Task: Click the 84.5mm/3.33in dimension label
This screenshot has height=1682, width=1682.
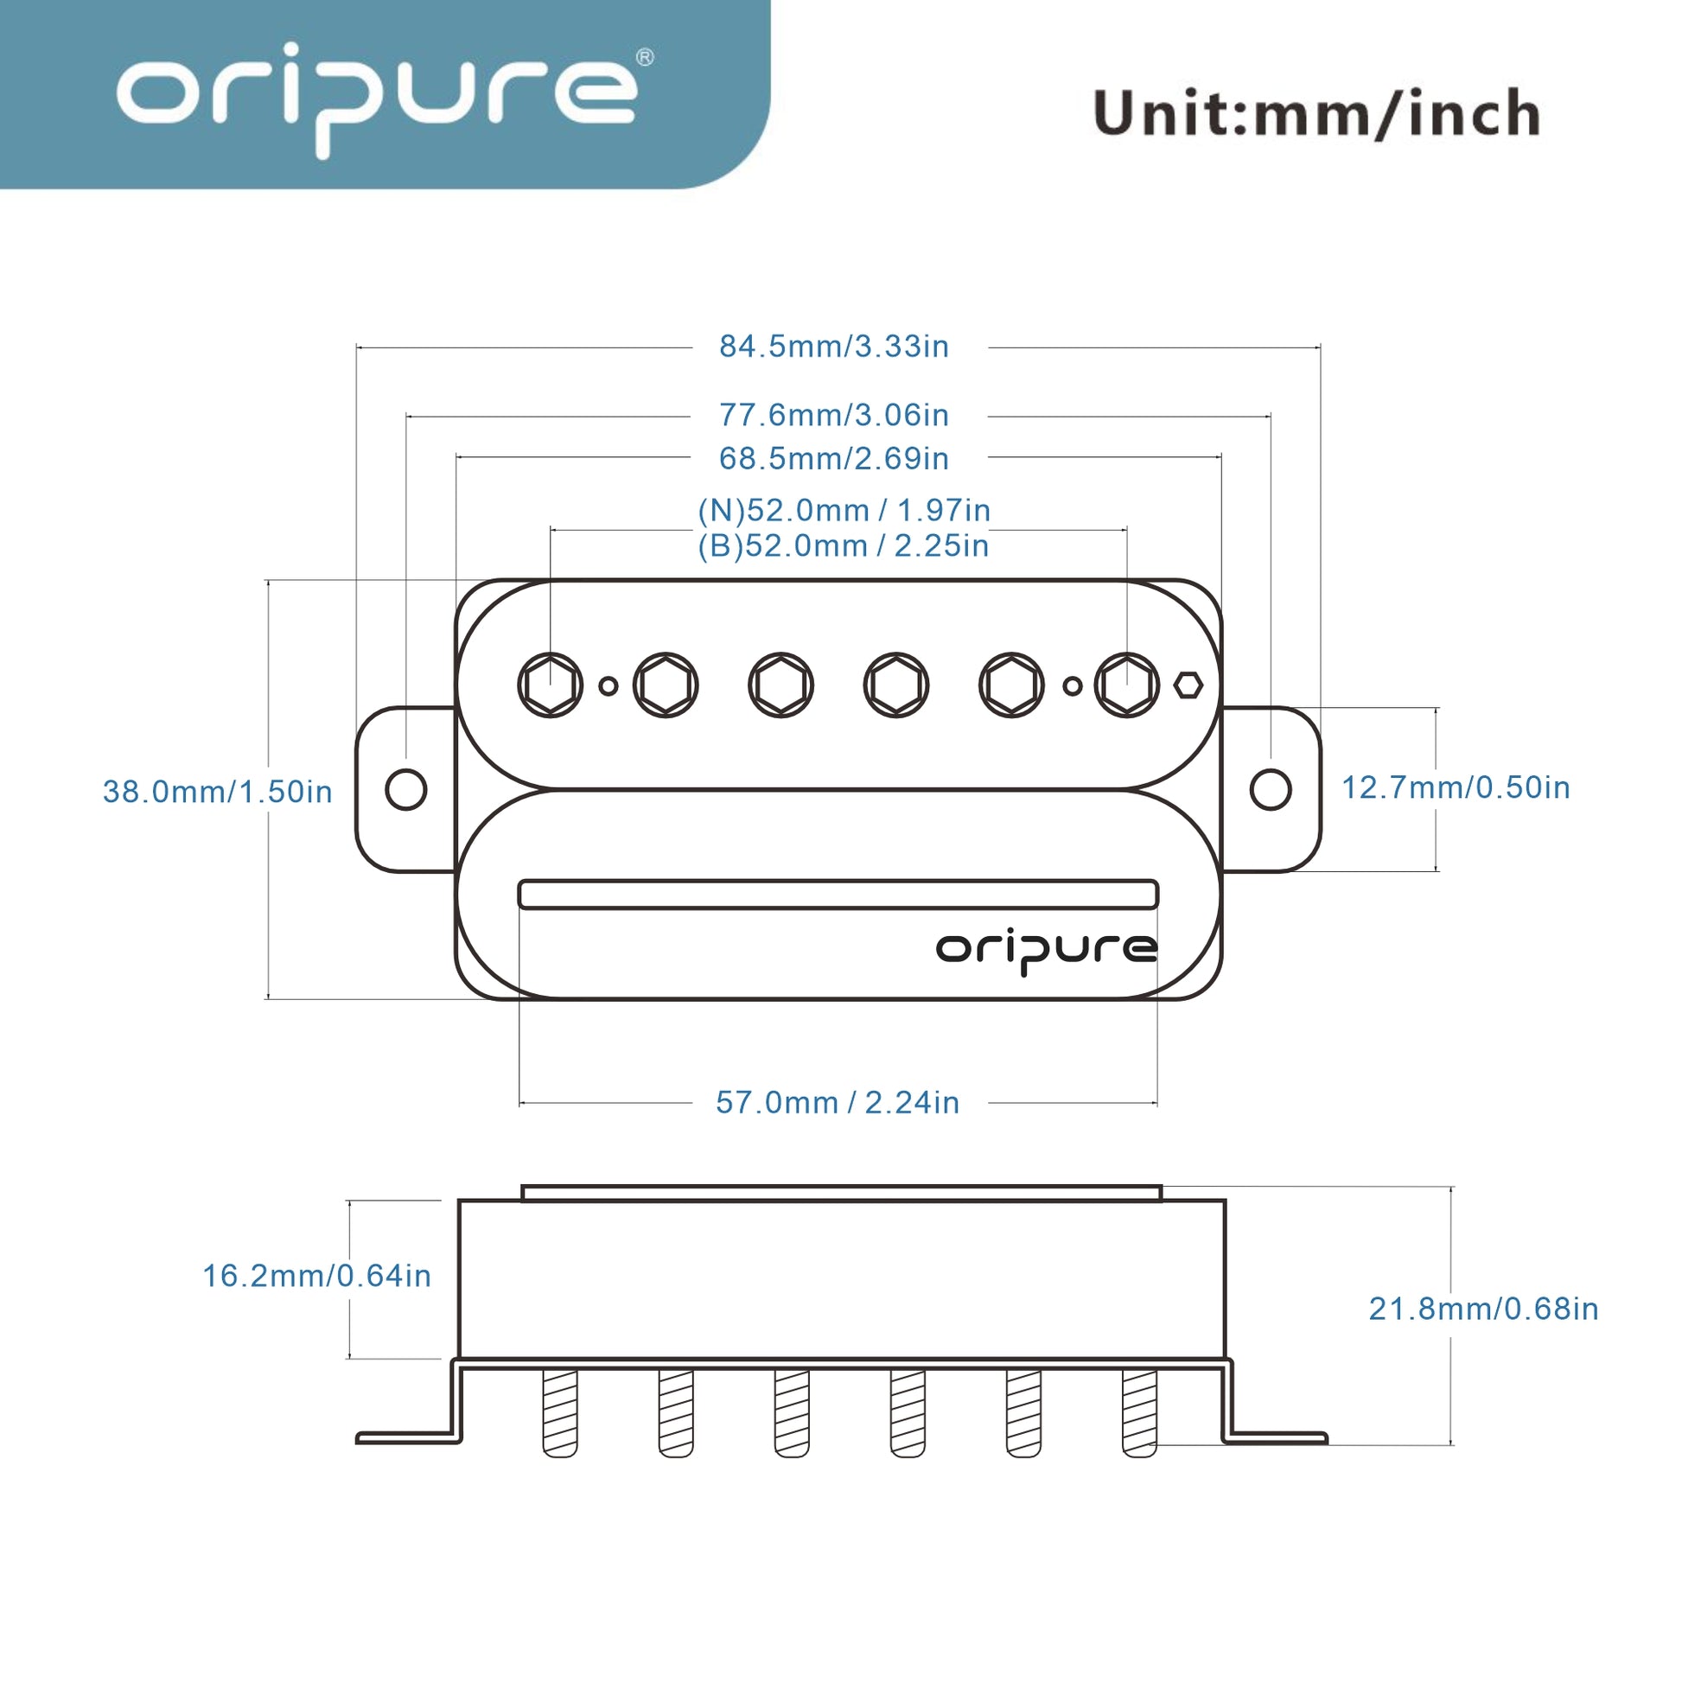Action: [x=833, y=347]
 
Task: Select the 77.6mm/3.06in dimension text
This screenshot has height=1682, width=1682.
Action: [x=833, y=415]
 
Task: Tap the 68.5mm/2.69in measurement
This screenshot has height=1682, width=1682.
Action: [x=833, y=459]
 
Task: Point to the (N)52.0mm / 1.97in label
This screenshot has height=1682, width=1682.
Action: [x=844, y=510]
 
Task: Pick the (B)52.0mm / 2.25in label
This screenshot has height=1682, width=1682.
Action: [x=843, y=546]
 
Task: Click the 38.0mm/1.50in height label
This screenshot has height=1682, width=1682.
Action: [x=218, y=792]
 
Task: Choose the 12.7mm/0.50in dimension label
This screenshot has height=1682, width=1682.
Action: [x=1456, y=787]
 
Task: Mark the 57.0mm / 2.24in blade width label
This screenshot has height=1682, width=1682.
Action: [x=837, y=1102]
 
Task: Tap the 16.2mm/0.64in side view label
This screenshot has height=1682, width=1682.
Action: [x=317, y=1276]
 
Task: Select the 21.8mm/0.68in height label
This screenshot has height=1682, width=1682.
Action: [x=1483, y=1309]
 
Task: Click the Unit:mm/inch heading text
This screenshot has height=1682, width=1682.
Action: [x=1316, y=113]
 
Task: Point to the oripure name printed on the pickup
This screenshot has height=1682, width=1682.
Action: [x=1047, y=950]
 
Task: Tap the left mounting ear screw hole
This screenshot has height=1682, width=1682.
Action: [x=405, y=790]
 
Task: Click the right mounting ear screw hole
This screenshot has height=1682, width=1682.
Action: [x=1271, y=790]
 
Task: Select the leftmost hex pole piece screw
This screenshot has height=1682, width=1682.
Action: [x=551, y=685]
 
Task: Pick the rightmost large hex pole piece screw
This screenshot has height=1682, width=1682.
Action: [x=1126, y=685]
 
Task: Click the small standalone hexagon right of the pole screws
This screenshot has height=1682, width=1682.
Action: [x=1188, y=685]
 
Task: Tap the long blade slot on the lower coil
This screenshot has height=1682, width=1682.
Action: [x=838, y=894]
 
